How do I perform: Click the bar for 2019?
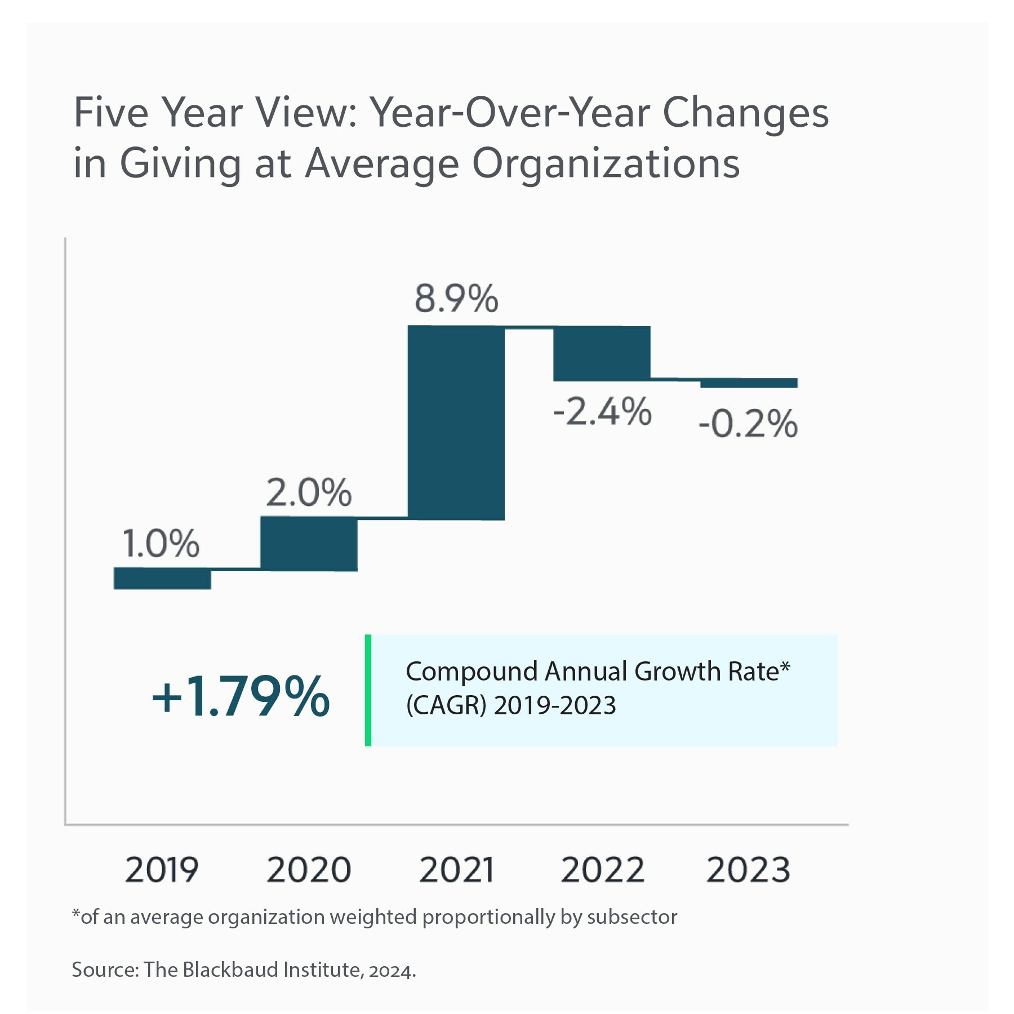pyautogui.click(x=162, y=578)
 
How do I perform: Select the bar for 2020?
pyautogui.click(x=309, y=544)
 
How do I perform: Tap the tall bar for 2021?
pyautogui.click(x=456, y=423)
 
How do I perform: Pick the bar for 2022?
pyautogui.click(x=602, y=354)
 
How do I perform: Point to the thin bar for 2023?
pyautogui.click(x=749, y=383)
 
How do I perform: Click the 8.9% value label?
pyautogui.click(x=456, y=299)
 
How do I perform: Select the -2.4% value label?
pyautogui.click(x=602, y=411)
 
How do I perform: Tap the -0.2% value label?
pyautogui.click(x=748, y=424)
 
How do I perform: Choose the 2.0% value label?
pyautogui.click(x=309, y=493)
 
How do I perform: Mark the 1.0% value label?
pyautogui.click(x=161, y=544)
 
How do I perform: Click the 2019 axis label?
pyautogui.click(x=162, y=870)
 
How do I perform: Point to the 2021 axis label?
pyautogui.click(x=456, y=870)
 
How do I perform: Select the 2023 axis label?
pyautogui.click(x=748, y=870)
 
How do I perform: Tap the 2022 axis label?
pyautogui.click(x=602, y=870)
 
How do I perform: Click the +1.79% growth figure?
pyautogui.click(x=241, y=697)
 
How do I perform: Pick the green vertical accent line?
pyautogui.click(x=368, y=690)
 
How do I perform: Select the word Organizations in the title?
pyautogui.click(x=606, y=164)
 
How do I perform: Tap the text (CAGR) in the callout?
pyautogui.click(x=446, y=705)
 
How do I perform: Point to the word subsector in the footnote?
pyautogui.click(x=632, y=917)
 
